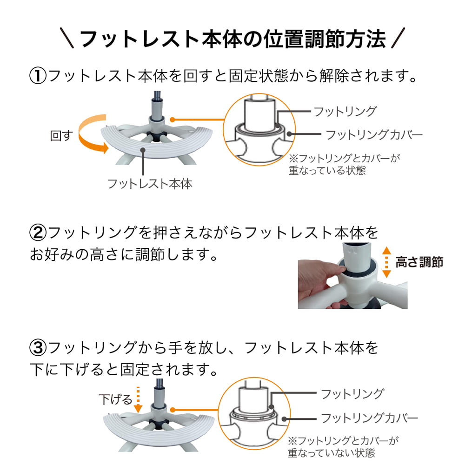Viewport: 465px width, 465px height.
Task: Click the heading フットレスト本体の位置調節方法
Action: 232,39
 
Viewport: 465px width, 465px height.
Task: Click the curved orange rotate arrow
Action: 91,135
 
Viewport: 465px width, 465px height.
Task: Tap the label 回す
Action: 61,137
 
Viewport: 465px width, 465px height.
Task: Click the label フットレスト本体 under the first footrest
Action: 150,184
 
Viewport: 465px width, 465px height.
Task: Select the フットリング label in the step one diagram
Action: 345,112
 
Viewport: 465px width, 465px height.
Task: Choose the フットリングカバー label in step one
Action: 374,135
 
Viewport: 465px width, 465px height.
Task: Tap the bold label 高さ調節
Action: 419,262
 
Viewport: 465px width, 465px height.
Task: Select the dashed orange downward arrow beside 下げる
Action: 137,399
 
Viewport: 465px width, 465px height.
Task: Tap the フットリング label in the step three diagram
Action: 352,394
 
